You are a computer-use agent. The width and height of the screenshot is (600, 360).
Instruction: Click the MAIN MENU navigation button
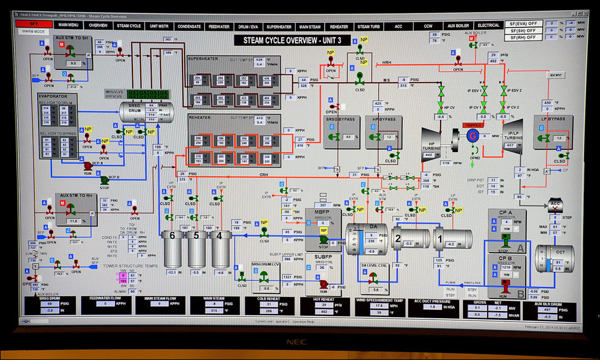68,26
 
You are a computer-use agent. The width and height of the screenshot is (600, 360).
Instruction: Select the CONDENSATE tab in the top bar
189,26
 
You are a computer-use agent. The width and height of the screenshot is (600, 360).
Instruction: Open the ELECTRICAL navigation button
488,25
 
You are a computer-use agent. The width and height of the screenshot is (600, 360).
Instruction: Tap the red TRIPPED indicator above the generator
473,125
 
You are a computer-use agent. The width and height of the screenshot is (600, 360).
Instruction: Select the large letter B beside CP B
521,294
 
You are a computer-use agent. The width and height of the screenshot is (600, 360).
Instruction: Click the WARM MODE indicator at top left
34,31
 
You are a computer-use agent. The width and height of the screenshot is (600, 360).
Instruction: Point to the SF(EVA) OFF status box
523,24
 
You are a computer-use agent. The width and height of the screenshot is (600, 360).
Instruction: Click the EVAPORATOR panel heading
52,95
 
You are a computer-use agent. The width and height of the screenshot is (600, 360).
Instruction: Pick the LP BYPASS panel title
552,119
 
